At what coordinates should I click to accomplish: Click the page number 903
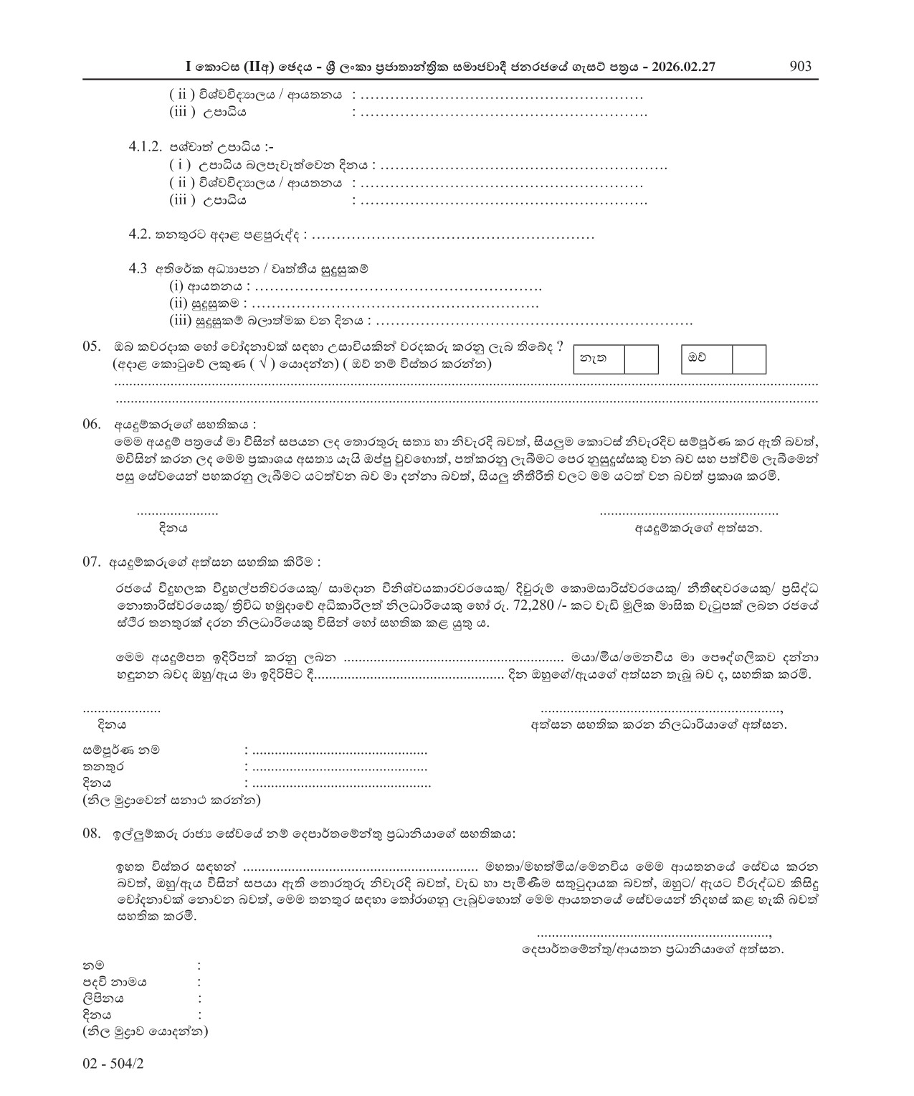[x=800, y=67]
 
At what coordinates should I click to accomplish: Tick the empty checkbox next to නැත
[x=641, y=359]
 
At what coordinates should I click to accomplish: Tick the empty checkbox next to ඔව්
[x=748, y=359]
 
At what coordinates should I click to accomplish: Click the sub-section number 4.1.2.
[x=146, y=146]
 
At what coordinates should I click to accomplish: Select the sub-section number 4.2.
[x=138, y=235]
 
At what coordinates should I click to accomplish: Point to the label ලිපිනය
[x=103, y=998]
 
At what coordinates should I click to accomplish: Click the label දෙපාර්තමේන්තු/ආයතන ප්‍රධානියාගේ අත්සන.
[x=652, y=950]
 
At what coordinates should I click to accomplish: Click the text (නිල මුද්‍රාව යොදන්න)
[x=146, y=1032]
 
